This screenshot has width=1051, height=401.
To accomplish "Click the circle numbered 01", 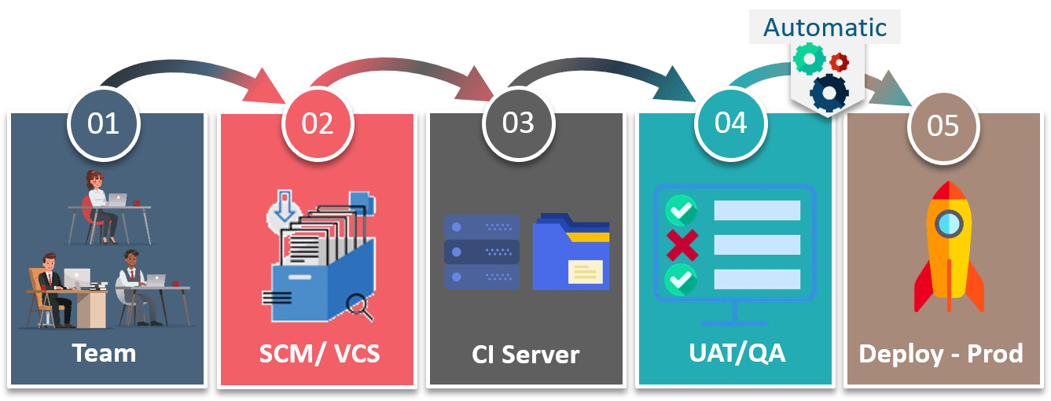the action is [x=103, y=124].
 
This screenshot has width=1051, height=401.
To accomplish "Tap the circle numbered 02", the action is [x=318, y=124].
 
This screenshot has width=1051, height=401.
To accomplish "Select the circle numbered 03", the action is [x=519, y=123].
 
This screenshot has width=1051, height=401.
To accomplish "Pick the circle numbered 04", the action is [x=730, y=123].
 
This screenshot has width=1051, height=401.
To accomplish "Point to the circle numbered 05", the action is [x=943, y=127].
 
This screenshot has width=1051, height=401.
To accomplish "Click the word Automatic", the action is [x=825, y=28].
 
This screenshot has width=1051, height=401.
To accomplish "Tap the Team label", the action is [x=104, y=353].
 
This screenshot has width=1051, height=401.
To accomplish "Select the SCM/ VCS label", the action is [x=319, y=354].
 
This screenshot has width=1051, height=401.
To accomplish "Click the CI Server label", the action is [x=525, y=355].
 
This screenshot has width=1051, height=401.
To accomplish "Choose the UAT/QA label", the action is [x=737, y=353].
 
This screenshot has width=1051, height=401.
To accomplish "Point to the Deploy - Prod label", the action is [x=941, y=354].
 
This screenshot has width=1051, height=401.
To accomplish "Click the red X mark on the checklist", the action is [x=682, y=245].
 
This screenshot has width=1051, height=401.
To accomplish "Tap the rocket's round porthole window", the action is [x=949, y=224].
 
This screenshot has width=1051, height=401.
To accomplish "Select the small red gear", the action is [x=839, y=62].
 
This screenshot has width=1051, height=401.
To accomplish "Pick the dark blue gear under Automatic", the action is [x=829, y=93].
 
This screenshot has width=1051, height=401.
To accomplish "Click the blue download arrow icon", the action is [x=285, y=206].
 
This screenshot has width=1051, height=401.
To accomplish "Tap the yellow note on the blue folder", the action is [x=585, y=272].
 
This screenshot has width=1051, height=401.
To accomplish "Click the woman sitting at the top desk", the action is [x=100, y=207].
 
